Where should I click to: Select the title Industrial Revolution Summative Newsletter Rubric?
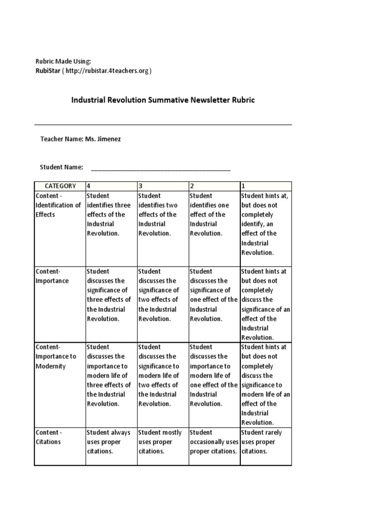[x=163, y=100]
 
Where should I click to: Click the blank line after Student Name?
[x=160, y=168]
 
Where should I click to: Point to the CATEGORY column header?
[x=60, y=186]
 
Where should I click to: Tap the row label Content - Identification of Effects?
[x=58, y=205]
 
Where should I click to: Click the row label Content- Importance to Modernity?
[x=56, y=356]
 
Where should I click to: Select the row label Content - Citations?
[x=49, y=437]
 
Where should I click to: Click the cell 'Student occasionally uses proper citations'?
[x=213, y=441]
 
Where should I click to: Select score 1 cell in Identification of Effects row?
[x=265, y=224]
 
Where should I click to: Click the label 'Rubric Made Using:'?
[x=63, y=61]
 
